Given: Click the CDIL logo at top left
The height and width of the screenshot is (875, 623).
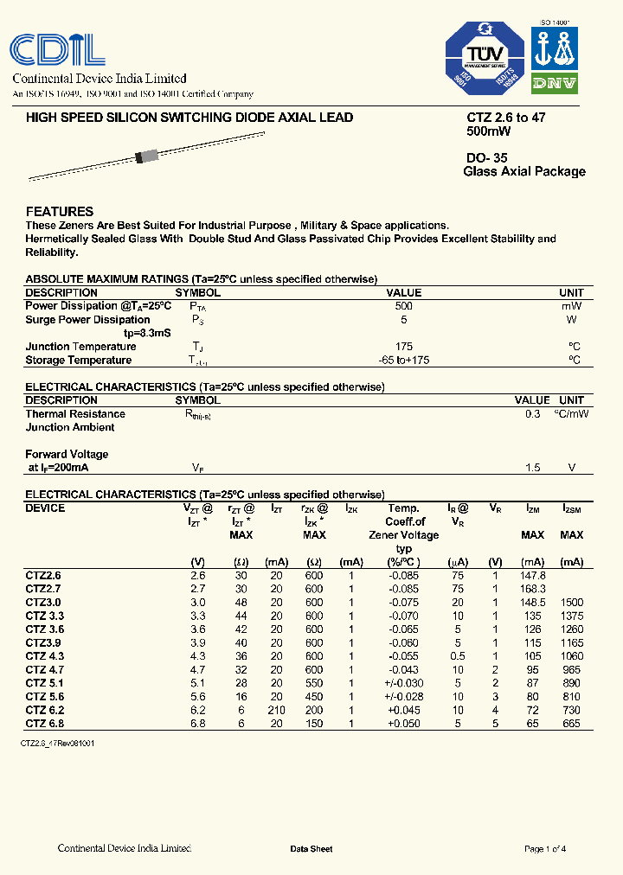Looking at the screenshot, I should click(x=58, y=48).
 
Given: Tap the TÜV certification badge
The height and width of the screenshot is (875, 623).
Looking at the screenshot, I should click(x=485, y=59).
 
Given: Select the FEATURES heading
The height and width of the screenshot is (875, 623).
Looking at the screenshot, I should click(x=60, y=211).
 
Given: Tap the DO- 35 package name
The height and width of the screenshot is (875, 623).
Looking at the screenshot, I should click(x=487, y=158).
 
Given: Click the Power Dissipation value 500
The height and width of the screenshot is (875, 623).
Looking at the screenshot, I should click(x=403, y=306).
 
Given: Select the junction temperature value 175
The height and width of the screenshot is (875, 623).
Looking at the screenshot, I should click(x=403, y=347).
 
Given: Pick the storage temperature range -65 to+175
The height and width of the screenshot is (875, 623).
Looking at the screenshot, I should click(x=403, y=361).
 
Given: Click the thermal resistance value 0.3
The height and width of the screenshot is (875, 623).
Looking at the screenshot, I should click(x=532, y=414).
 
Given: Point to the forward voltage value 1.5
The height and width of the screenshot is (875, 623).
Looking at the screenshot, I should click(x=532, y=468).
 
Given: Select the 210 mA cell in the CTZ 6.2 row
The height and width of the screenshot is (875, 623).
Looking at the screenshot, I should click(x=276, y=710).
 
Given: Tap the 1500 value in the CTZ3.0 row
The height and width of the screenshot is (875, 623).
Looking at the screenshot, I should click(x=571, y=603).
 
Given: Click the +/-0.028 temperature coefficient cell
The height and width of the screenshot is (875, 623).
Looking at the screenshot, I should click(x=403, y=697).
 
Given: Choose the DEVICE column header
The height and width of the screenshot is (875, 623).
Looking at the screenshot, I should click(x=45, y=508).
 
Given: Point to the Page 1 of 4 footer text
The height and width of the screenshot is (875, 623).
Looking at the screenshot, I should click(x=545, y=849).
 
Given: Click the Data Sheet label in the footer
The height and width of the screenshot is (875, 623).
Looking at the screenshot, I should click(x=311, y=849).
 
